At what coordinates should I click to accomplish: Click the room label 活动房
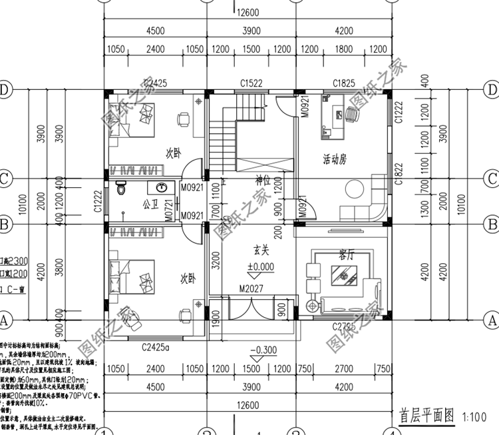tap(334, 160)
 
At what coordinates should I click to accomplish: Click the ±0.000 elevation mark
tap(260, 266)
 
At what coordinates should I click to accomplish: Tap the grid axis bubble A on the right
tap(493, 320)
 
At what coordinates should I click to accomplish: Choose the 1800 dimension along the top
tap(343, 49)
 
